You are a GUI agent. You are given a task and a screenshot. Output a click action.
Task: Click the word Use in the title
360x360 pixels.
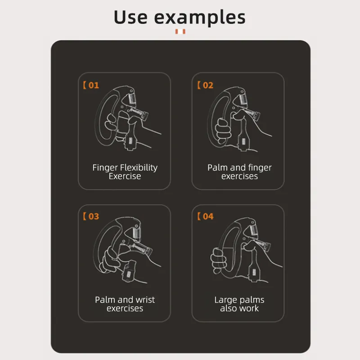click(x=130, y=17)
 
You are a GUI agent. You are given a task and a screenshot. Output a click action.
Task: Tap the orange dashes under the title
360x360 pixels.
click(x=180, y=31)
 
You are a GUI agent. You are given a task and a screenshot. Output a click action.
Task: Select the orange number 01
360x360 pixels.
click(x=94, y=85)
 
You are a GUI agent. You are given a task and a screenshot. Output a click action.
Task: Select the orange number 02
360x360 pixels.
click(x=208, y=85)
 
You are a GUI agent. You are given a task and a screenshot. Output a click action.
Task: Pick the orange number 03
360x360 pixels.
click(x=94, y=216)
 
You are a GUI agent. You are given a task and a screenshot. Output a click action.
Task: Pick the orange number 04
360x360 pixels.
click(x=208, y=216)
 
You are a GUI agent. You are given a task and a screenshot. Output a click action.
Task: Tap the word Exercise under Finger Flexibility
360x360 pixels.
click(x=125, y=176)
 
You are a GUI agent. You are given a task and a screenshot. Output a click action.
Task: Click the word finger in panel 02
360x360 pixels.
click(x=260, y=168)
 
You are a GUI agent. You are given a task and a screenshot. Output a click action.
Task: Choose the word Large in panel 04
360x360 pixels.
click(x=225, y=300)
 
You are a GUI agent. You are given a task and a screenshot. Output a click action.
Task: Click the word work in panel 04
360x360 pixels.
click(x=249, y=309)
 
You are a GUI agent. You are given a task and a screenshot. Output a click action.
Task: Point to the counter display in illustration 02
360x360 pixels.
click(x=243, y=142)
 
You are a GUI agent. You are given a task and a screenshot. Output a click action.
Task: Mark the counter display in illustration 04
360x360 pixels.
click(x=254, y=273)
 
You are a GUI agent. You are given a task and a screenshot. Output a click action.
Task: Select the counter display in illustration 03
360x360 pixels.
click(x=129, y=274)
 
